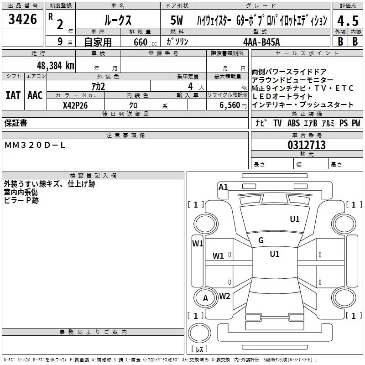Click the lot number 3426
(22, 20)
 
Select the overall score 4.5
(346, 21)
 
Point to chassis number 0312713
(307, 146)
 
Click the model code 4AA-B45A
(262, 42)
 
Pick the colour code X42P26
(75, 105)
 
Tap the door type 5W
(177, 21)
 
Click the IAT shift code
(13, 95)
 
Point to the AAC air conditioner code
(35, 95)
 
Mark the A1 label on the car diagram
(223, 187)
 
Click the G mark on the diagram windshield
(261, 240)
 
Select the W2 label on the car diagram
(224, 296)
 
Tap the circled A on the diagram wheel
(205, 298)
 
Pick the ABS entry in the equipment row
(293, 123)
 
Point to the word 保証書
(16, 123)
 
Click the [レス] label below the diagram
(199, 349)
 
